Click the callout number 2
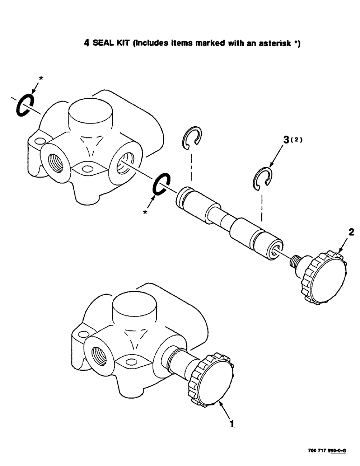[x=351, y=232]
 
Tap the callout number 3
[x=287, y=139]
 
